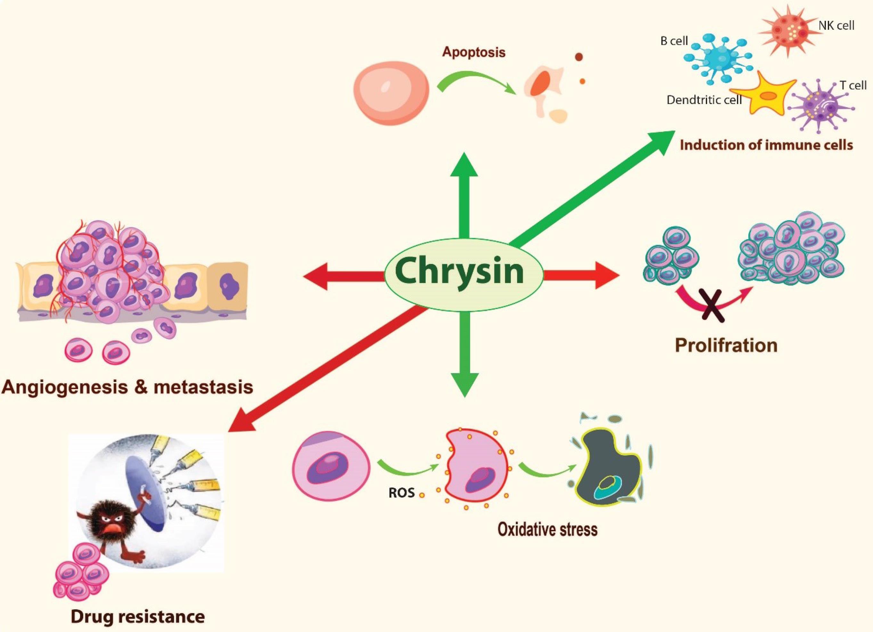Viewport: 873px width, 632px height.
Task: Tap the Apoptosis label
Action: pos(473,52)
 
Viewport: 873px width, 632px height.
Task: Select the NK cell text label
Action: pos(836,26)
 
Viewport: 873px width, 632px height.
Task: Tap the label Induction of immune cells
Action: pos(766,145)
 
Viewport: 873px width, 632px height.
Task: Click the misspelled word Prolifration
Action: pos(726,345)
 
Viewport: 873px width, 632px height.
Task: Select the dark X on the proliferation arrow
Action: pos(713,306)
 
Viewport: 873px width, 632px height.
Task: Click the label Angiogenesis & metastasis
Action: pos(127,387)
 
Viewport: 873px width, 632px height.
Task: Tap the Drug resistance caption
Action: pos(137,617)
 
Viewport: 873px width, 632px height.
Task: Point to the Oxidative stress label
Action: pos(547,529)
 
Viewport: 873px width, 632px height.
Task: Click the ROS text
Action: pos(402,493)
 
